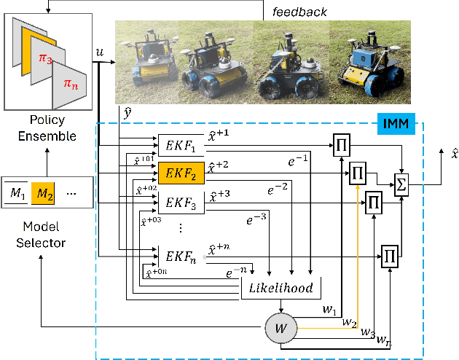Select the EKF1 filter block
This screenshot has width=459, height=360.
click(x=181, y=144)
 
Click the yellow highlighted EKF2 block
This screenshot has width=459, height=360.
click(x=181, y=173)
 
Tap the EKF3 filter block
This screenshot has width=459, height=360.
click(x=181, y=202)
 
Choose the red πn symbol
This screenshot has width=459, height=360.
click(x=70, y=85)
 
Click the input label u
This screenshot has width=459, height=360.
click(x=99, y=52)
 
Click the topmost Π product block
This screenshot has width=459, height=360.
click(x=340, y=144)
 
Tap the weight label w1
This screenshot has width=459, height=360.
click(x=328, y=310)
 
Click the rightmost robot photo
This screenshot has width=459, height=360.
click(x=371, y=60)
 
